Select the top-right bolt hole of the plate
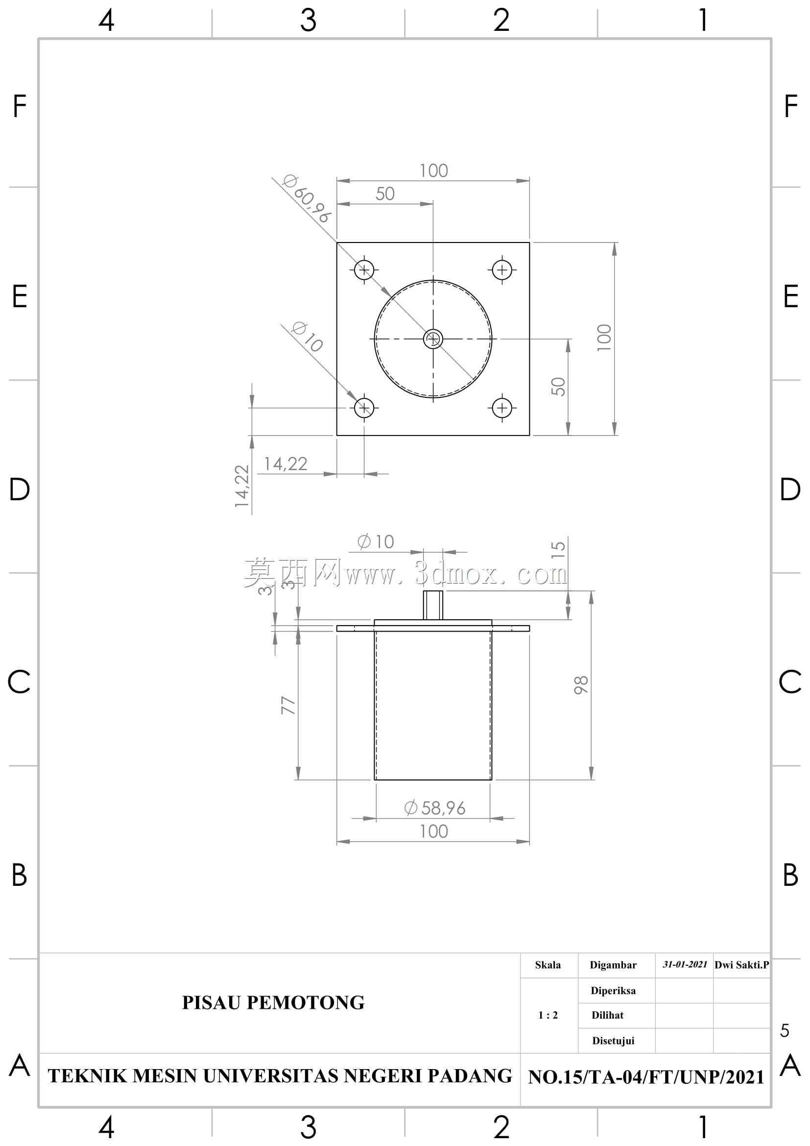click(502, 270)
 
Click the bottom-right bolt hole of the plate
click(502, 408)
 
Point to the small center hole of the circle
click(433, 339)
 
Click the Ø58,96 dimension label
click(434, 808)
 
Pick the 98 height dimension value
click(581, 685)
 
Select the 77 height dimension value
click(288, 705)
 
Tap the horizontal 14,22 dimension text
click(286, 464)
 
